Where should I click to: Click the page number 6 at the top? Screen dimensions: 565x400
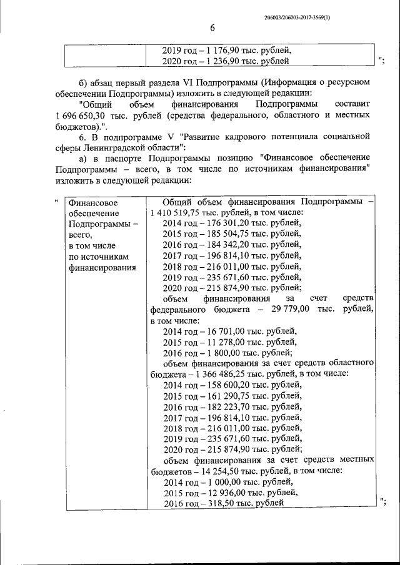212,28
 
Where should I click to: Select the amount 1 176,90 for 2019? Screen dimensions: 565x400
221,50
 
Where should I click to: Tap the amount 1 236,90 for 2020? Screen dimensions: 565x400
221,61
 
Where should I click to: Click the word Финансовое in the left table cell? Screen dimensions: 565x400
92,203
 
